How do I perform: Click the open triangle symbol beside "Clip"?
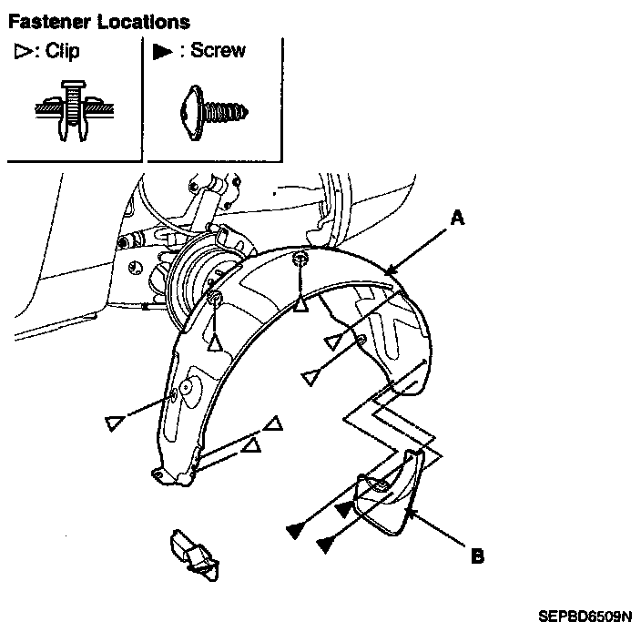tap(19, 52)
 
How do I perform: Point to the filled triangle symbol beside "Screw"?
tap(162, 52)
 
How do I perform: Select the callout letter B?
tap(477, 552)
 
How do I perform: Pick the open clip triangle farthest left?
tap(113, 423)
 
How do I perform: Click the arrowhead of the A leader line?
tap(389, 272)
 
